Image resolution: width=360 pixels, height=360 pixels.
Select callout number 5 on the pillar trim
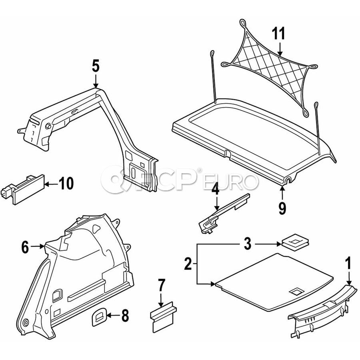[x=95, y=66]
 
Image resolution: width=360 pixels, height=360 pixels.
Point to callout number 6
[x=25, y=248]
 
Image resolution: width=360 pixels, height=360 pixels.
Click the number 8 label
[x=125, y=316]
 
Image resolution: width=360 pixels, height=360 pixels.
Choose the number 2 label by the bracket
[x=188, y=264]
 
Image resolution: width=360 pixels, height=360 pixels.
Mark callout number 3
[x=248, y=244]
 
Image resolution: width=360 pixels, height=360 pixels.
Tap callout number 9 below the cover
[x=282, y=208]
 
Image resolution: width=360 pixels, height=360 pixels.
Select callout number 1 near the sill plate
[x=348, y=264]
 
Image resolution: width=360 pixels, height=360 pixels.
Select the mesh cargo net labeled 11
[x=272, y=66]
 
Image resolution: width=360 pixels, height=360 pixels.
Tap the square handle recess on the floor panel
[x=296, y=292]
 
